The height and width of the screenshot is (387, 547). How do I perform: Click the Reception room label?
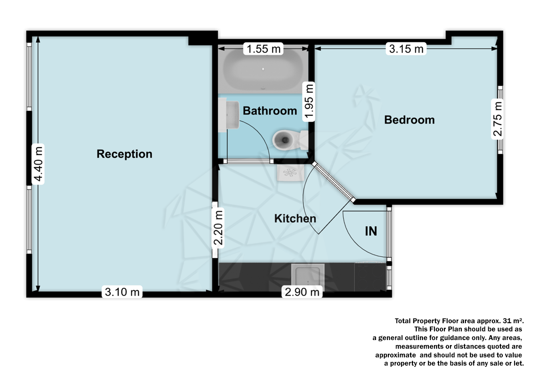point(124,154)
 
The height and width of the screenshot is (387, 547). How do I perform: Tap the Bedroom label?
point(409,120)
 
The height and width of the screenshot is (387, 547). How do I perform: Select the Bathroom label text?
point(270,111)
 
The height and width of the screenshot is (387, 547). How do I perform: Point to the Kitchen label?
point(295,219)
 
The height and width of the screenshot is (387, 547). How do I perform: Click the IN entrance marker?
point(371,232)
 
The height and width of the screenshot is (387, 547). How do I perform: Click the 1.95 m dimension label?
point(310,101)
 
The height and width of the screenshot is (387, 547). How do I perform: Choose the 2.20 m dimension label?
point(219,227)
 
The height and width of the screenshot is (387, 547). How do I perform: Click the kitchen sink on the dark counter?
point(309,277)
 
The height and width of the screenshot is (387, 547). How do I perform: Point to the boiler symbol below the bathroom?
point(289,172)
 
